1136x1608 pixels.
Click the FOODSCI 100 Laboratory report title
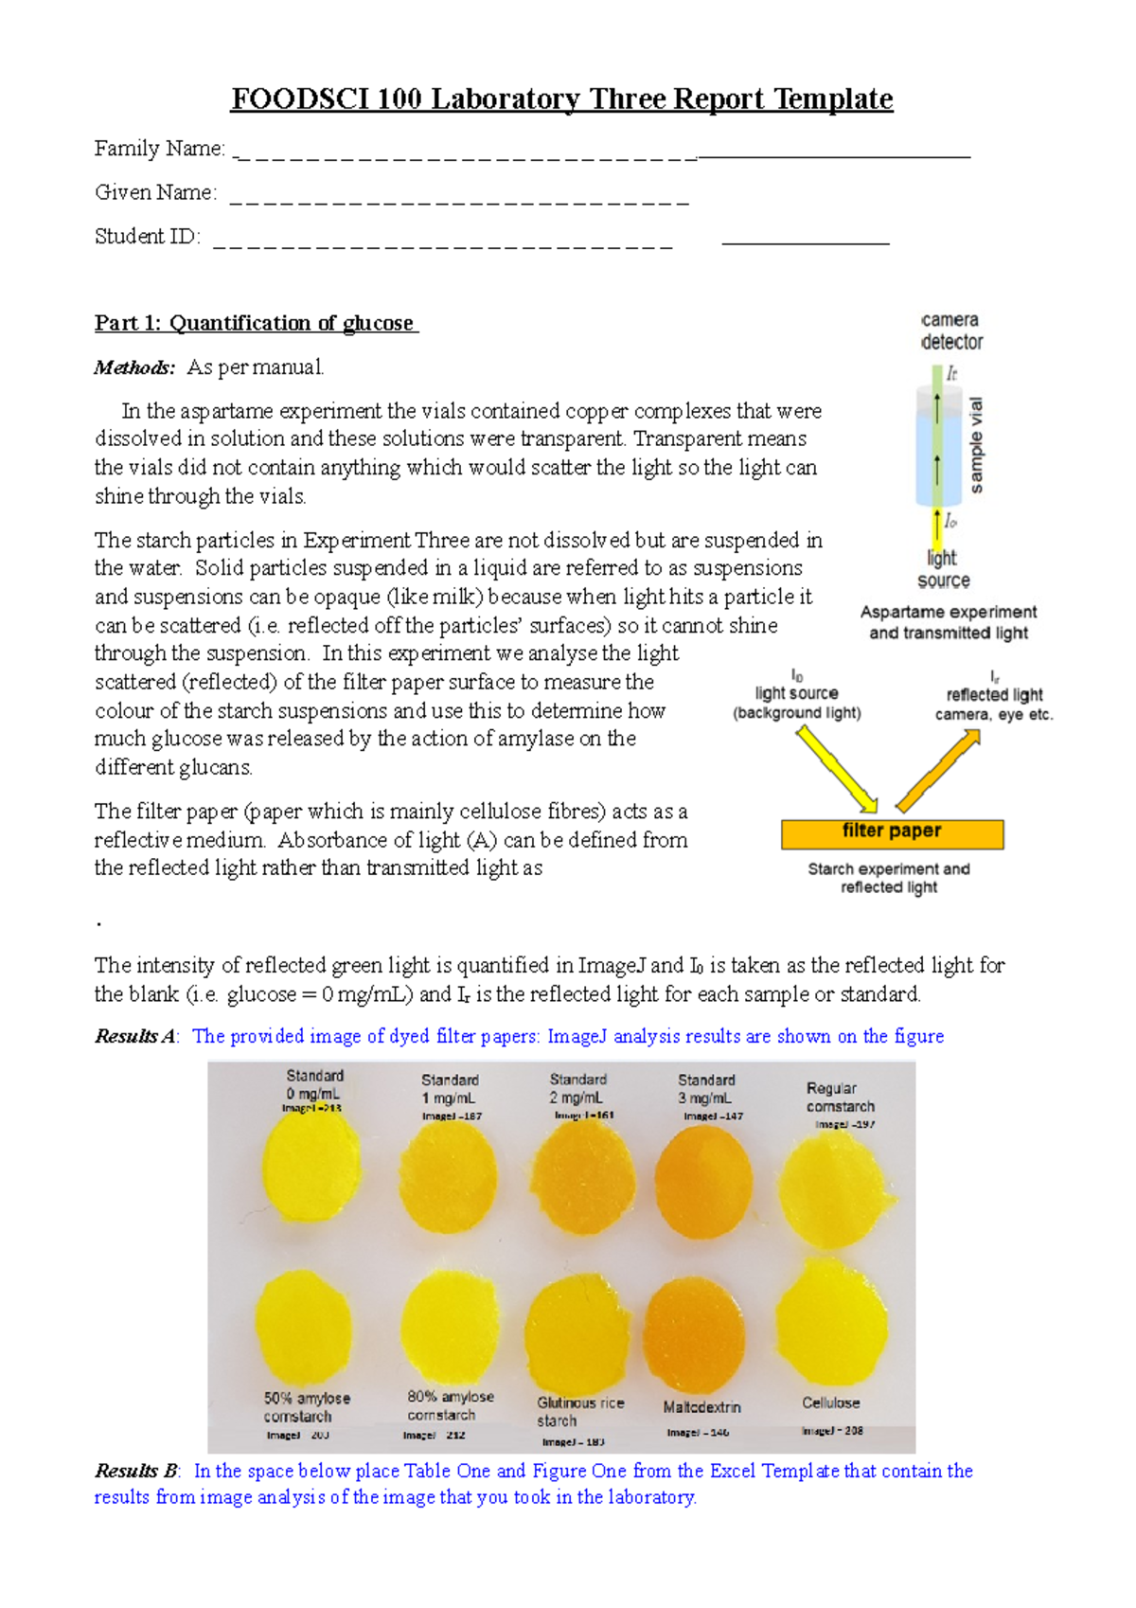pyautogui.click(x=561, y=98)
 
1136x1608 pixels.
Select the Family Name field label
pyautogui.click(x=160, y=149)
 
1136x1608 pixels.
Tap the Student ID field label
pyautogui.click(x=148, y=237)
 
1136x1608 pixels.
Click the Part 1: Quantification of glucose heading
pyautogui.click(x=256, y=323)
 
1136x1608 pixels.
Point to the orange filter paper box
pyautogui.click(x=892, y=832)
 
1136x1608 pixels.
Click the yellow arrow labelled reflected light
pyautogui.click(x=938, y=772)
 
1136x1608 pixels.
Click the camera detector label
pyautogui.click(x=951, y=331)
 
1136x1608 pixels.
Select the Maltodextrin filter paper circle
pyautogui.click(x=694, y=1333)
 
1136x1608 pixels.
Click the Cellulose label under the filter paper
pyautogui.click(x=830, y=1403)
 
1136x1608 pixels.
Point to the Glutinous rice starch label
pyautogui.click(x=579, y=1411)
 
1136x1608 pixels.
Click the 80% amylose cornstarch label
pyautogui.click(x=450, y=1405)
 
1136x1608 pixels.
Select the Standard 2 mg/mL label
pyautogui.click(x=577, y=1088)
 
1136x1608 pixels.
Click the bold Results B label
pyautogui.click(x=137, y=1471)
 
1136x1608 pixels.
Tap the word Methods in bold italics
pyautogui.click(x=134, y=367)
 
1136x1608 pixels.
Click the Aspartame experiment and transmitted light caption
pyautogui.click(x=949, y=622)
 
